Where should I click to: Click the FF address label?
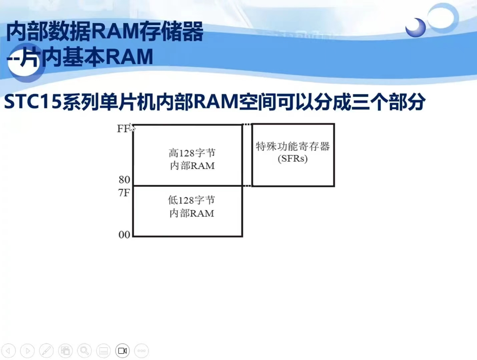click(124, 129)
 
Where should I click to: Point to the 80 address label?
click(124, 180)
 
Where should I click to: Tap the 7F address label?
click(124, 193)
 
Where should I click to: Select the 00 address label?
click(124, 235)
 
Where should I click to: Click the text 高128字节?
click(192, 153)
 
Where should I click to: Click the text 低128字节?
click(191, 200)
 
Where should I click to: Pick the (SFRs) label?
click(293, 159)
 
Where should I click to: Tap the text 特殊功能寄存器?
click(293, 146)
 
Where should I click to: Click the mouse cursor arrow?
click(132, 127)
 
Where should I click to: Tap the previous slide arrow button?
click(8, 351)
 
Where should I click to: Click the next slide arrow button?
click(27, 351)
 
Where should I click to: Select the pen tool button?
click(46, 351)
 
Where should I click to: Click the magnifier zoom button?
click(84, 351)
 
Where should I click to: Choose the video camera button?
click(122, 351)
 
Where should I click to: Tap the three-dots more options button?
click(141, 351)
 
